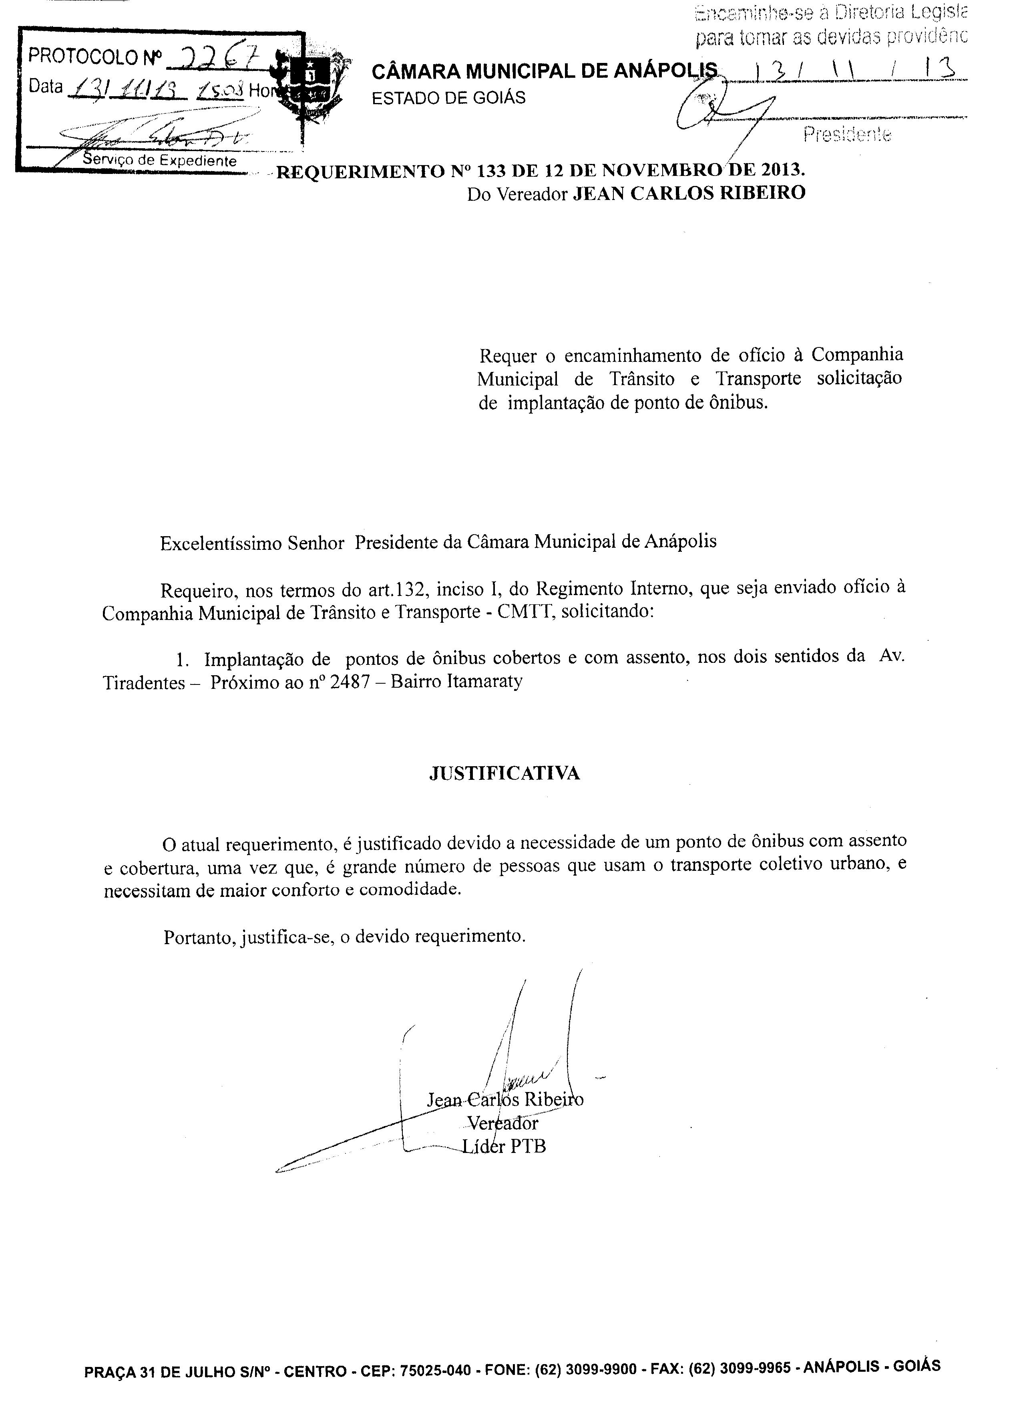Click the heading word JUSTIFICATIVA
pos(504,773)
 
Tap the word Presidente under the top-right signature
pos(848,134)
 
